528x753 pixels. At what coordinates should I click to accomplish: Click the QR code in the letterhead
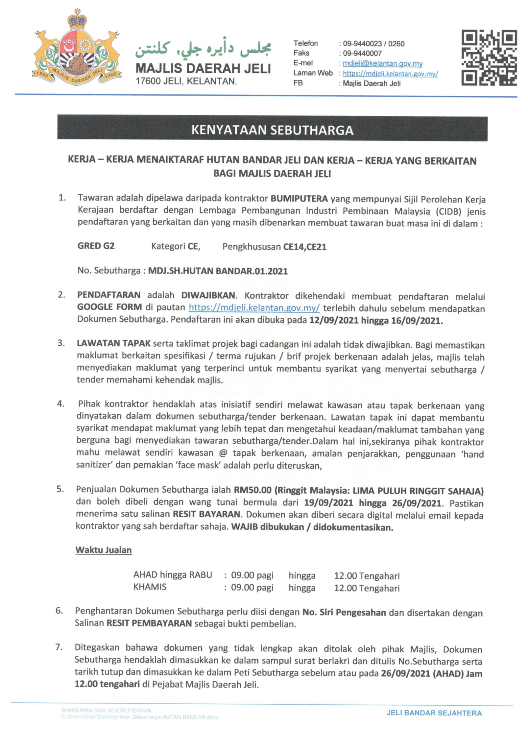coord(489,58)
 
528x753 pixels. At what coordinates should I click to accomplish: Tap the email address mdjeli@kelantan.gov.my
coord(382,63)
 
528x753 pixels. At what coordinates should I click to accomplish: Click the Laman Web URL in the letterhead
coord(390,74)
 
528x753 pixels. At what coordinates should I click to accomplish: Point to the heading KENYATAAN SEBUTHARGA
coord(272,130)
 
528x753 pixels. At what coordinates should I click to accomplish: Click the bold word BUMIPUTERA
coord(299,199)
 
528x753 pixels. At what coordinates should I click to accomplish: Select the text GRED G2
coord(96,246)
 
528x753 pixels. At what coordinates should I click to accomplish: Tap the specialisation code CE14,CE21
coord(305,247)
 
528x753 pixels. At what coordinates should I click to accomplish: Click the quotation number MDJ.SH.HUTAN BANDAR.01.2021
coord(218,271)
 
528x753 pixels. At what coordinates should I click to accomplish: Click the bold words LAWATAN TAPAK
coord(113,343)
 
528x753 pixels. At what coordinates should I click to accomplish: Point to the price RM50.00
coord(252,490)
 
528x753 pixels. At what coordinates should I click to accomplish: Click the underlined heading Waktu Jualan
coord(104,550)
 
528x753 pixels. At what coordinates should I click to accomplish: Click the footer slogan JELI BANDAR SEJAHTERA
coord(434,713)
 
